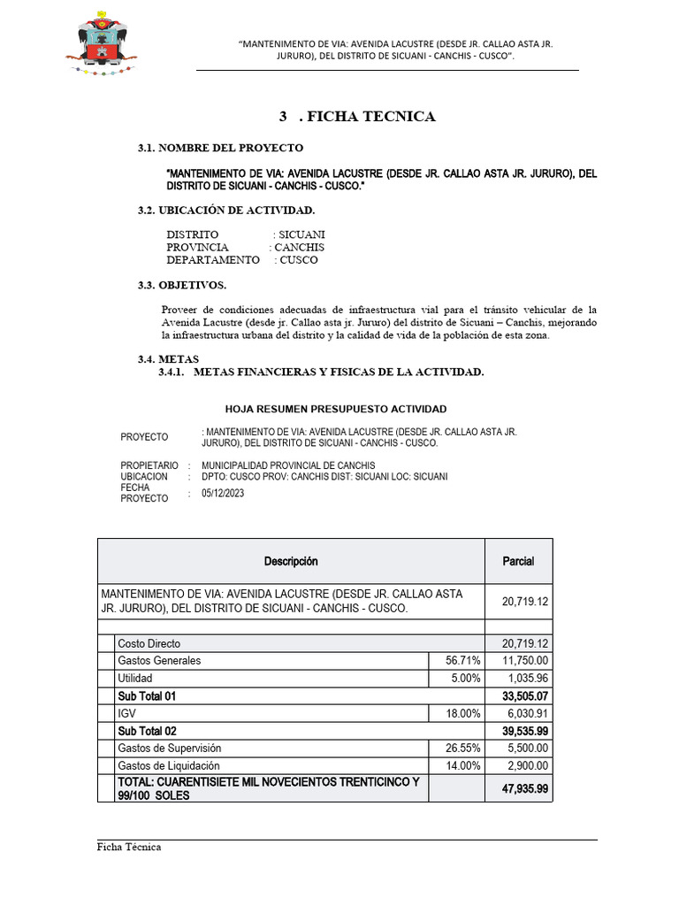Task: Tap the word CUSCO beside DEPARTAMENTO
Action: (299, 260)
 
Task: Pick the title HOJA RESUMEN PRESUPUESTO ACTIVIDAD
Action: (336, 409)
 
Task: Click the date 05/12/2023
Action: (223, 494)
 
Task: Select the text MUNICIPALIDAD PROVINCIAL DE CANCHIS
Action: (288, 465)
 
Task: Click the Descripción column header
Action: (291, 562)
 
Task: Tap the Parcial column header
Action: (518, 562)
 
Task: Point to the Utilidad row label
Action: (135, 678)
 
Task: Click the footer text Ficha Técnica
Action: (129, 847)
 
